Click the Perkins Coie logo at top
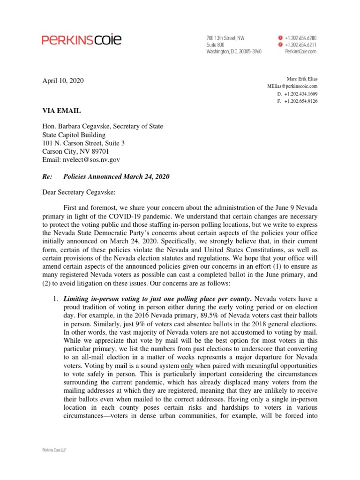(x=82, y=40)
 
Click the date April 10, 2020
(x=63, y=81)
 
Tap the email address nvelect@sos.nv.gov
(x=91, y=160)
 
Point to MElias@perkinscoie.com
(x=292, y=86)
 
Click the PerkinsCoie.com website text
(x=300, y=51)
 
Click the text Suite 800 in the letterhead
(x=216, y=44)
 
